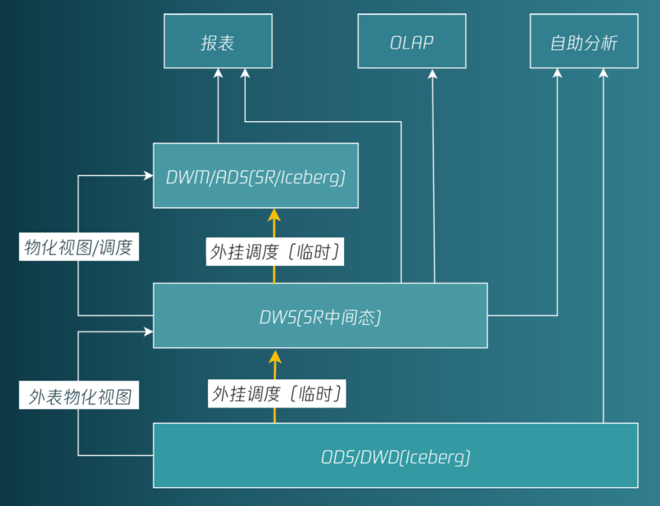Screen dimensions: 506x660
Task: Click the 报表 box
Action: coord(218,42)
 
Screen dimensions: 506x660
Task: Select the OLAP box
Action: coord(411,42)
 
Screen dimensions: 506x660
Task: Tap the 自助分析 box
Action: coord(584,42)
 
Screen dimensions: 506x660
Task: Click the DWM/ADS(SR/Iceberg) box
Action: coord(255,176)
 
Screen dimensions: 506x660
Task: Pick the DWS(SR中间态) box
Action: coord(320,316)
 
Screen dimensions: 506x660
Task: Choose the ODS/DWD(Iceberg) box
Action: coord(395,456)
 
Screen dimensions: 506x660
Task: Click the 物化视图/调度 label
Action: coord(79,248)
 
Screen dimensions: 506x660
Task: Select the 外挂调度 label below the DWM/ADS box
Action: coord(274,252)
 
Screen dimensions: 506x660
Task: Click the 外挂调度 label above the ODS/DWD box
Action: coord(277,394)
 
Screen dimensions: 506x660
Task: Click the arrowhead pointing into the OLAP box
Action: coord(433,73)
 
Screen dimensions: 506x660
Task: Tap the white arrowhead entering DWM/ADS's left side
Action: coord(148,175)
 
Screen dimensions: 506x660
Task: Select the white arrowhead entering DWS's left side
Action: coord(148,332)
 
